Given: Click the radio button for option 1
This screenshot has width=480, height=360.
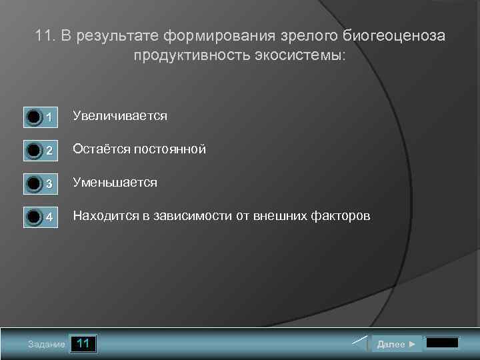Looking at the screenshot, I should coord(34,117).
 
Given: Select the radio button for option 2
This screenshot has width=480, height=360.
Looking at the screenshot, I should coord(34,151).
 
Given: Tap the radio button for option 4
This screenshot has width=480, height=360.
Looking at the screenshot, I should coord(34,217).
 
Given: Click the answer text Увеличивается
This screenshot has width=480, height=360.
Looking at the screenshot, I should coord(120,116).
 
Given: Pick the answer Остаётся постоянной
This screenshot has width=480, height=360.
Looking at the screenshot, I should coord(139,149).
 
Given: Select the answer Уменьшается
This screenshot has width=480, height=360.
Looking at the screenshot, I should coord(115,182).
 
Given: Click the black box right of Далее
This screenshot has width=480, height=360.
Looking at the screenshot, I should coord(442,343).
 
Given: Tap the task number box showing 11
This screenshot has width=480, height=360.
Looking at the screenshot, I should coord(83,344).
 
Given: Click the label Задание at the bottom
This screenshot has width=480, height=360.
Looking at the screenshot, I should coord(47,345).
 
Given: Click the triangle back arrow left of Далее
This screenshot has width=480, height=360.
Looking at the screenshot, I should coord(360,344).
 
